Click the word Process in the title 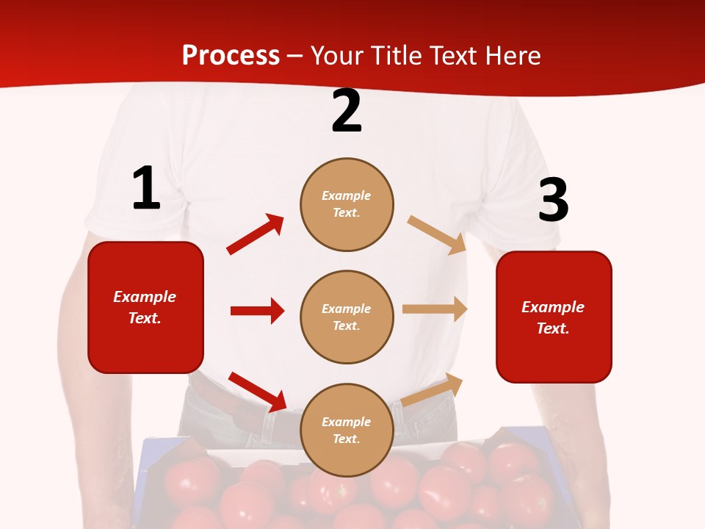231,56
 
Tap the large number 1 146,189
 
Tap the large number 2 347,111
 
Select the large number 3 553,200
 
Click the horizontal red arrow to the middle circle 257,311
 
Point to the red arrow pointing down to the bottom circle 258,392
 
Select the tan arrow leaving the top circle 437,235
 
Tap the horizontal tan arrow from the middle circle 435,309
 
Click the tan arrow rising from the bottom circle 433,389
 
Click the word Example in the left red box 145,297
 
